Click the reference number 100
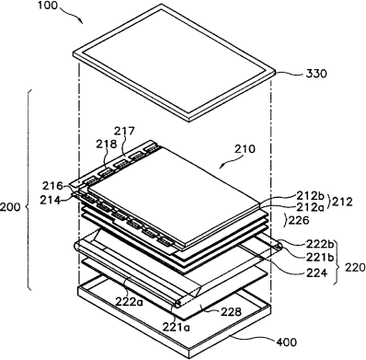click(49, 6)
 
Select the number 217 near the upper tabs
click(124, 131)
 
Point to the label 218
click(107, 144)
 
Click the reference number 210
click(245, 149)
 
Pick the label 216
click(52, 186)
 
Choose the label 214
click(50, 200)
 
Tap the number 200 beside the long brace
click(10, 207)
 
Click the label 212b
click(310, 195)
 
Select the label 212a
click(310, 207)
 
